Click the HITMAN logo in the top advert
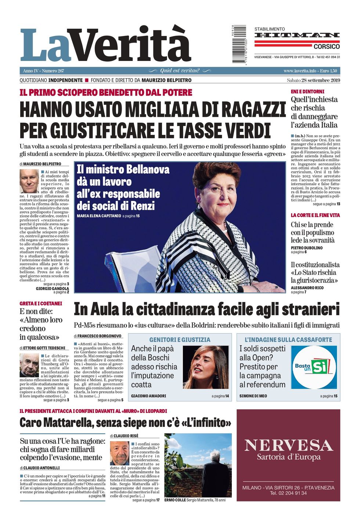click(297, 35)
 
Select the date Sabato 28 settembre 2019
click(313, 80)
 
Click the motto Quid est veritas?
click(180, 71)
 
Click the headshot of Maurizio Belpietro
click(29, 181)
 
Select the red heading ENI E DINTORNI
click(307, 91)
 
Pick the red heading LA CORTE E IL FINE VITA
click(315, 215)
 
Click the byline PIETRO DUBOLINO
click(307, 248)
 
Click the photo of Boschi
click(206, 367)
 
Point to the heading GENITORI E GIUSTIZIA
click(180, 340)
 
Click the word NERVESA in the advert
click(288, 446)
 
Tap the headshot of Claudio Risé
click(120, 453)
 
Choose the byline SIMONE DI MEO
click(253, 396)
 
